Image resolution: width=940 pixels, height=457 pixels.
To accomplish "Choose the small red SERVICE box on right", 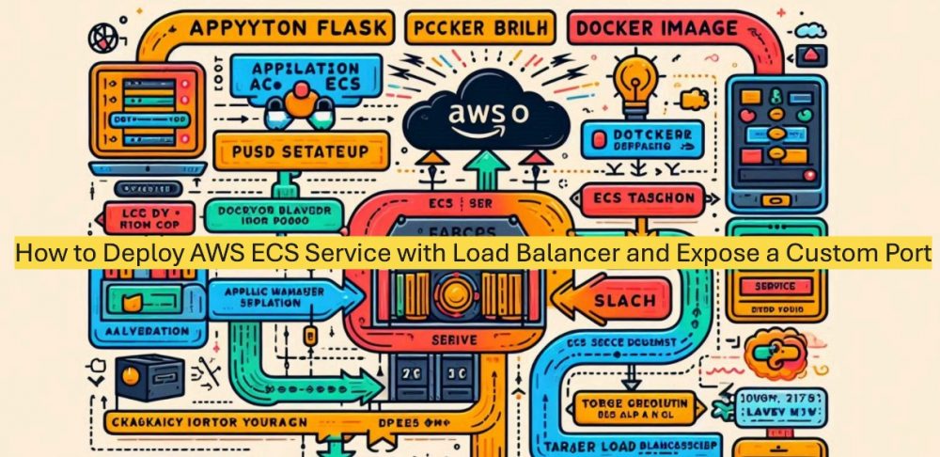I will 775,286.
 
